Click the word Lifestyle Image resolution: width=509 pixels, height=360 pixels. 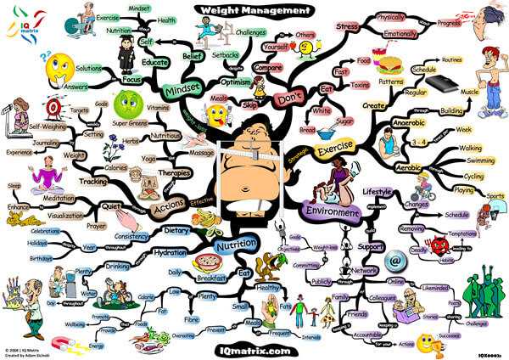[378, 192]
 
